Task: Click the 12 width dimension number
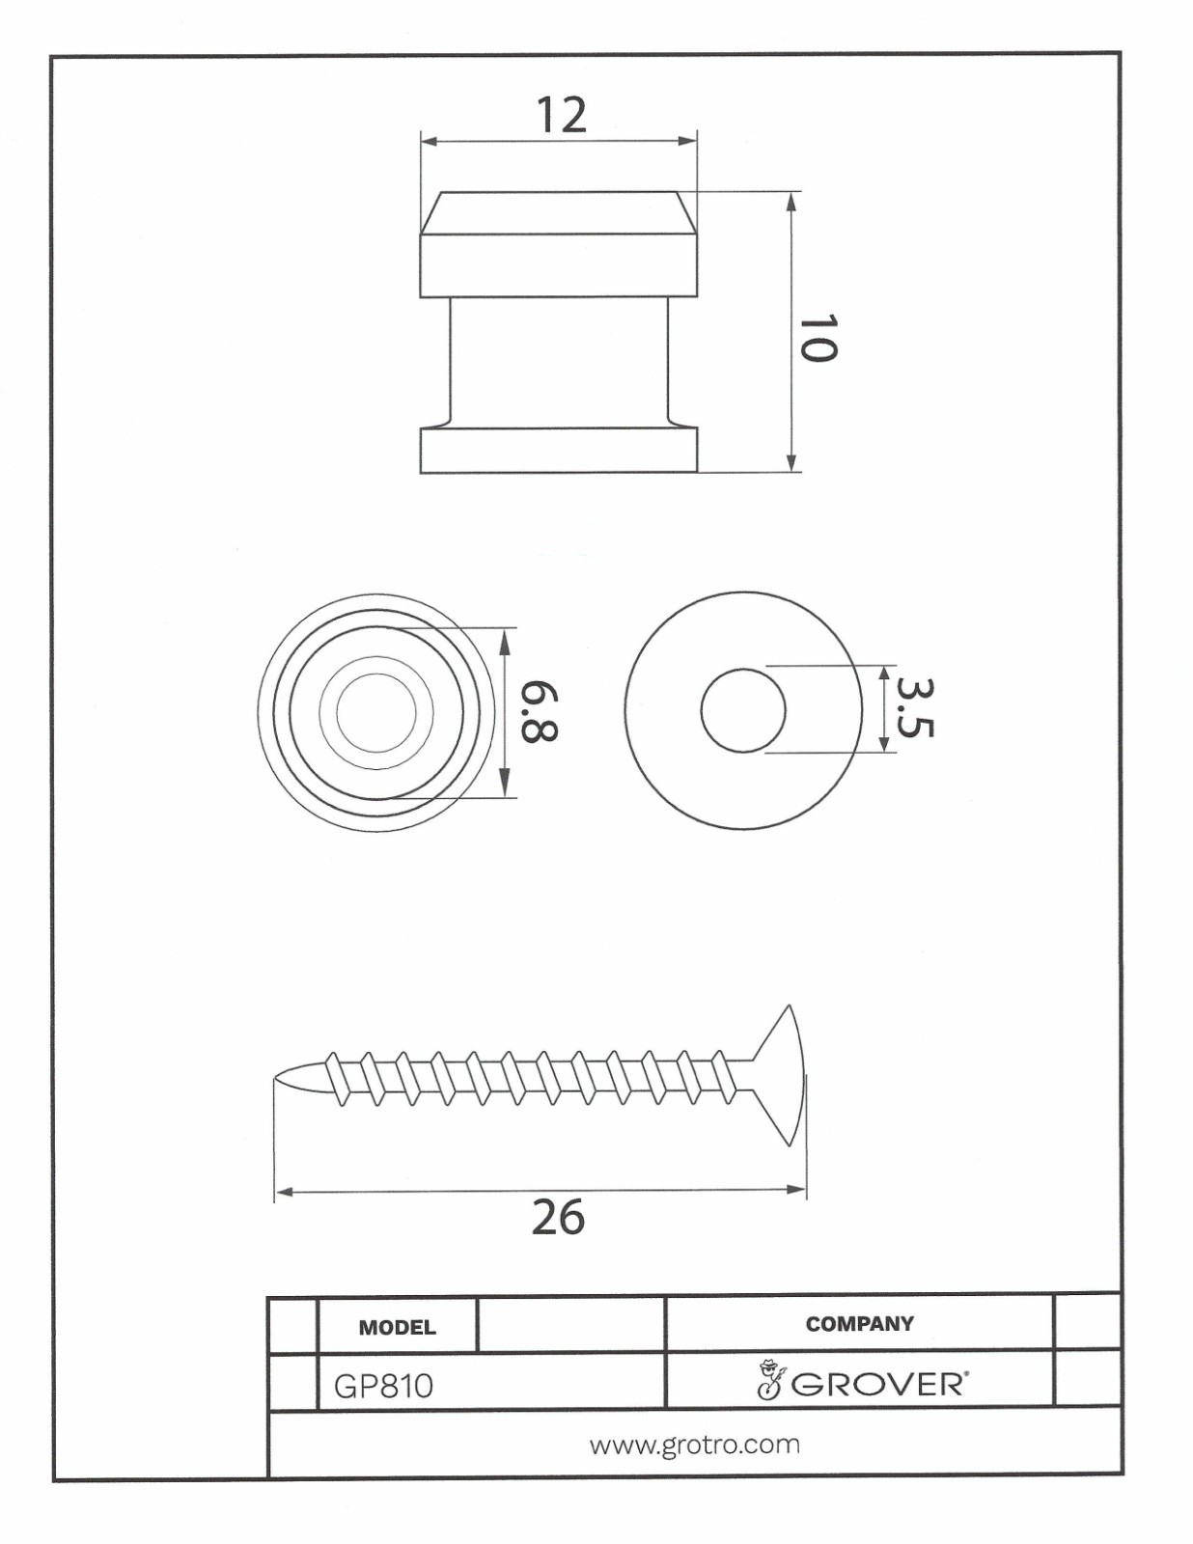click(562, 115)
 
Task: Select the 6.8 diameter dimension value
click(538, 711)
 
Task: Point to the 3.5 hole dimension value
click(914, 708)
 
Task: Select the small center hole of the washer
click(742, 710)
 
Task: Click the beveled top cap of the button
click(559, 213)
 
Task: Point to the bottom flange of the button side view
click(559, 450)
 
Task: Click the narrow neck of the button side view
click(559, 362)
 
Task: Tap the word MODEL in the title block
click(398, 1327)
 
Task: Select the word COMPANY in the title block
click(859, 1324)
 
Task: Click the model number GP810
click(383, 1387)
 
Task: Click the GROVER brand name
click(877, 1385)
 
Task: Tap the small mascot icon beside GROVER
click(769, 1380)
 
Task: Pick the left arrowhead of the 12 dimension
click(430, 141)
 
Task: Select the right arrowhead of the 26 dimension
click(795, 1190)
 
